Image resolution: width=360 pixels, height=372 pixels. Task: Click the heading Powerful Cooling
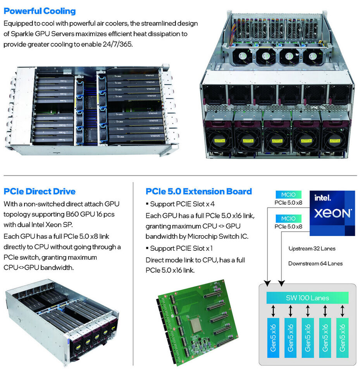coord(40,11)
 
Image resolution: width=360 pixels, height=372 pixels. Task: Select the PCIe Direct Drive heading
coord(40,191)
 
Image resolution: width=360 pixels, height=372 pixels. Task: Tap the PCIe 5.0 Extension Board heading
coord(199,191)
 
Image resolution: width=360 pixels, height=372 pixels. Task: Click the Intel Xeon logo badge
coord(332,213)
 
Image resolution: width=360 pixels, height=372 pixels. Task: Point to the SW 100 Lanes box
coord(308,298)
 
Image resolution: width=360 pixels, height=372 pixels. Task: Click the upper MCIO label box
coord(288,195)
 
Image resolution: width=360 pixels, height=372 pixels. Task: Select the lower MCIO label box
coord(288,218)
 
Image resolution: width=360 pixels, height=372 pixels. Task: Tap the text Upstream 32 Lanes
coord(312,248)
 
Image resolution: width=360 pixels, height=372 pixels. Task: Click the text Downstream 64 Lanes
coord(315,263)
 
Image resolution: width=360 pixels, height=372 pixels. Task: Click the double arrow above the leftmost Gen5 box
coord(274,310)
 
